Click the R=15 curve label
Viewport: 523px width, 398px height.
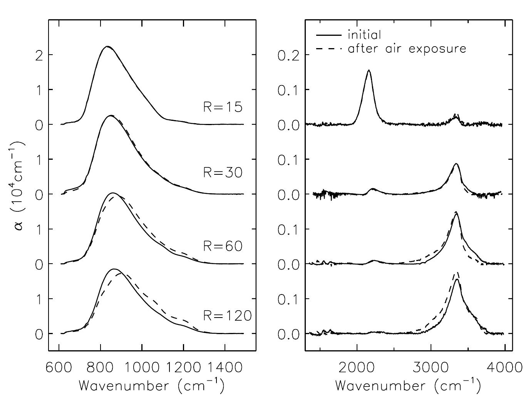[223, 107]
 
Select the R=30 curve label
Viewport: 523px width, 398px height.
[223, 173]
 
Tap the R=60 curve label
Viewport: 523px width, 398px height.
[223, 246]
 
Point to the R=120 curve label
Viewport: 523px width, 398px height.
[227, 316]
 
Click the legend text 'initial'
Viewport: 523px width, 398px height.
[364, 35]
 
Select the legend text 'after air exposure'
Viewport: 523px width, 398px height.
[407, 49]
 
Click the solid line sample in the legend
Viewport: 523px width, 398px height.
[329, 35]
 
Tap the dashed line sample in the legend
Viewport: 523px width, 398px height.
[329, 49]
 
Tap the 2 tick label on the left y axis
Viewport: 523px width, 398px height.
[39, 55]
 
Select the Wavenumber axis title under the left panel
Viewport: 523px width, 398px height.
[151, 386]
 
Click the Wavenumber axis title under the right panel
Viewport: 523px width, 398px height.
[408, 386]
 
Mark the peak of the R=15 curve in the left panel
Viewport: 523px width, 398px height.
[107, 47]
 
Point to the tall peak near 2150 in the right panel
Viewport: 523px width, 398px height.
[369, 70]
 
